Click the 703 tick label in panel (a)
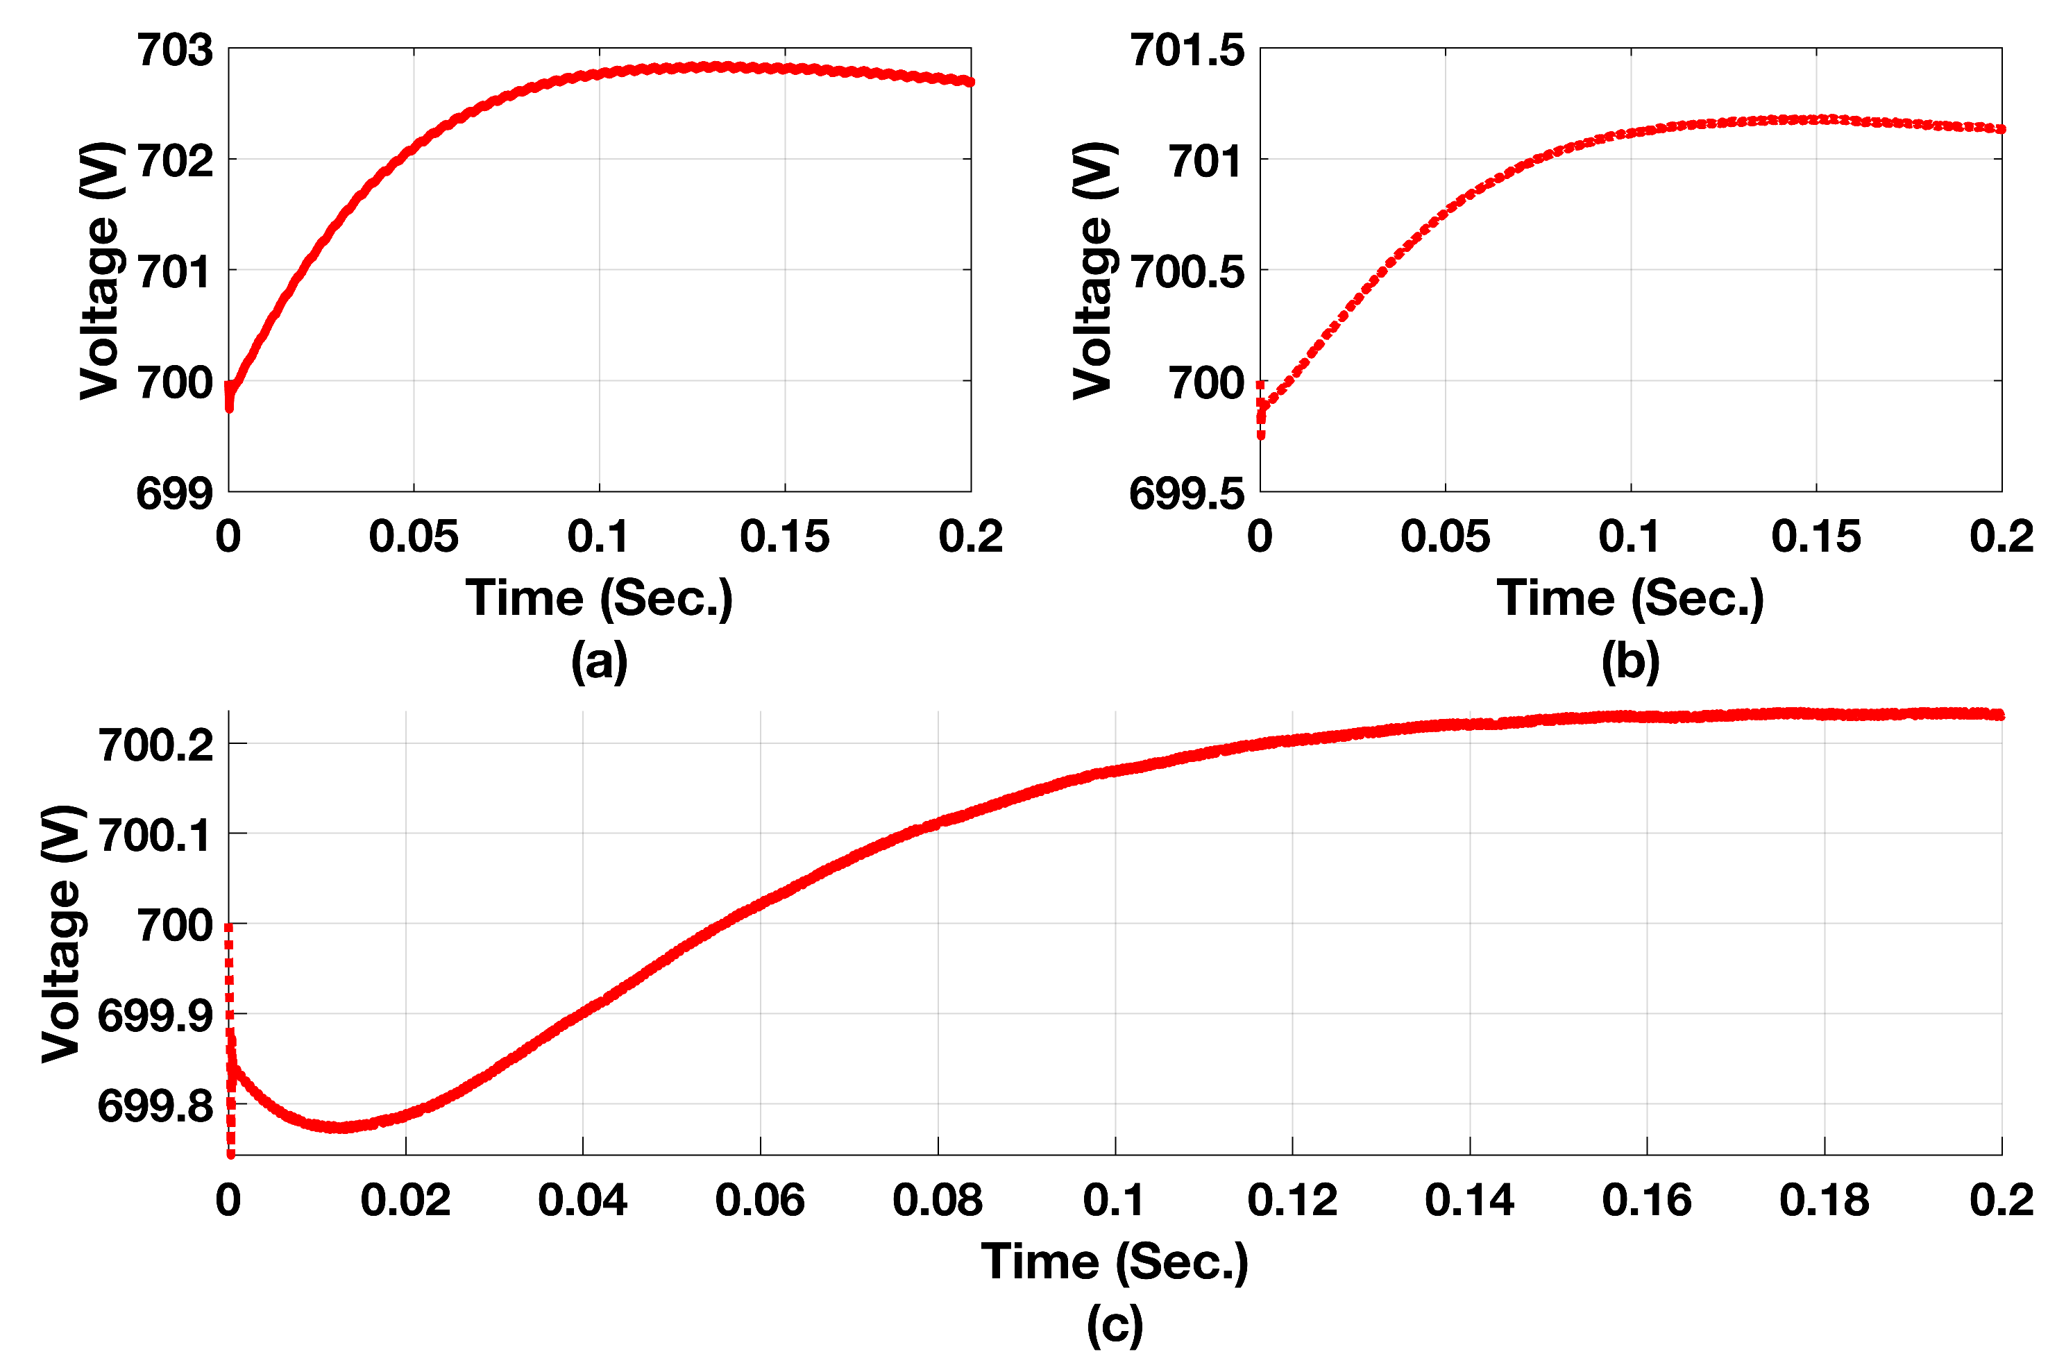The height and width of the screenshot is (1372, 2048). pos(175,50)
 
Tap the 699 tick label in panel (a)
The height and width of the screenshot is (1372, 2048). pos(175,493)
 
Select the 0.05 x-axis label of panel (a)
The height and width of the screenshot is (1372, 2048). pos(413,536)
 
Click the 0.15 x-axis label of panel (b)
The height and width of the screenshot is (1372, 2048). pos(1816,536)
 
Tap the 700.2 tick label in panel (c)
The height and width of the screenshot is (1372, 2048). pos(155,745)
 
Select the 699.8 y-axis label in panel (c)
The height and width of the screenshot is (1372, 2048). pos(155,1106)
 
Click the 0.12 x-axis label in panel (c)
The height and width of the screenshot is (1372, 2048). pos(1292,1200)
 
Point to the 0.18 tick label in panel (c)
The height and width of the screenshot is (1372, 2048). pos(1824,1200)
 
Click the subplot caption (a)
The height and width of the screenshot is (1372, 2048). pos(599,661)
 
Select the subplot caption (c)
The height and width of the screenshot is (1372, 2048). pos(1115,1325)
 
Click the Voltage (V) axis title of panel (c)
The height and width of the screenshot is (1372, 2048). pos(63,933)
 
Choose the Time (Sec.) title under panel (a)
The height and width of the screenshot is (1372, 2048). pos(599,598)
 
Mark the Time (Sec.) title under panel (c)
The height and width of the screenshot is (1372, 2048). pos(1115,1262)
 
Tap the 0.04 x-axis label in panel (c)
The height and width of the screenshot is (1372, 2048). pos(583,1200)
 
